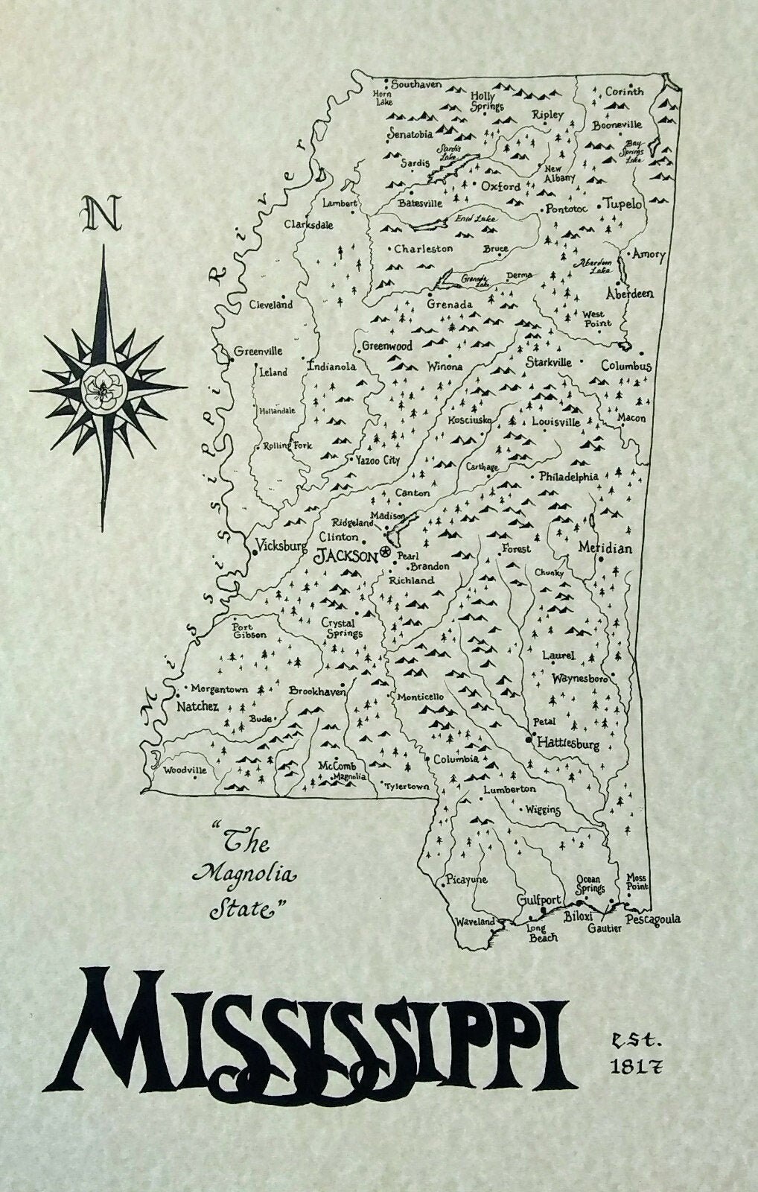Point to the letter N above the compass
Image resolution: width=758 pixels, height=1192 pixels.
[102, 214]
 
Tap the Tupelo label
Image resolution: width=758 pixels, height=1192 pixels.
[622, 204]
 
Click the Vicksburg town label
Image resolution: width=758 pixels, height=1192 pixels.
[280, 545]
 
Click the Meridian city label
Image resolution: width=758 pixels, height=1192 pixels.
[605, 548]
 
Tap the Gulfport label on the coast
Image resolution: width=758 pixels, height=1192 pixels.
[538, 899]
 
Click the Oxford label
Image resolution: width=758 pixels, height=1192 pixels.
[500, 186]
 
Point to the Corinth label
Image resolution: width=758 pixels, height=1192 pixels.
[623, 92]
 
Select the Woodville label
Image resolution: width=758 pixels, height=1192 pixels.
[185, 770]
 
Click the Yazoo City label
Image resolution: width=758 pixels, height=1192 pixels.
[377, 461]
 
